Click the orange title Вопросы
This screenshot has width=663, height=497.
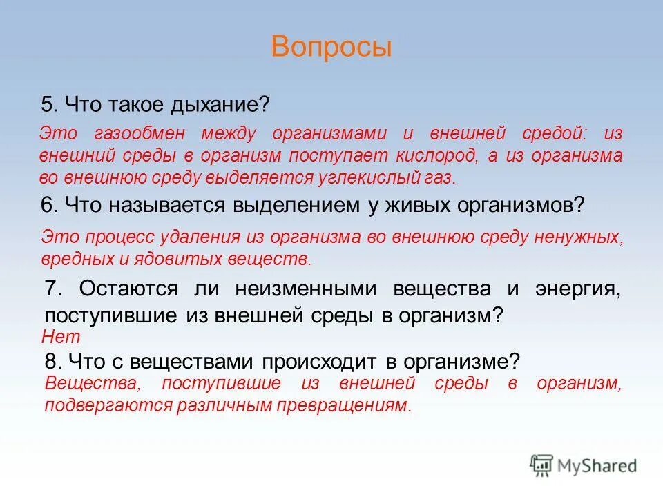click(x=331, y=46)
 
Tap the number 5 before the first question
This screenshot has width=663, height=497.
click(x=47, y=105)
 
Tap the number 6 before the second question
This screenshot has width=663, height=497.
click(x=48, y=204)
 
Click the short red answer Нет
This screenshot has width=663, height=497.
click(x=61, y=338)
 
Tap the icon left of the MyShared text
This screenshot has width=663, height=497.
click(x=541, y=466)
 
